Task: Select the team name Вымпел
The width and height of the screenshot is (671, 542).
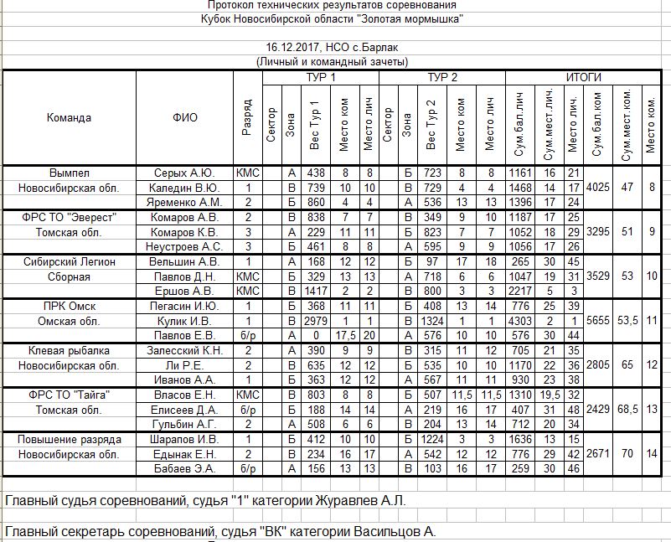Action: [69, 173]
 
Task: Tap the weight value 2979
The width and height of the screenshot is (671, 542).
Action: [315, 321]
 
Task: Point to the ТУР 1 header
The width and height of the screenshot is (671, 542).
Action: [320, 78]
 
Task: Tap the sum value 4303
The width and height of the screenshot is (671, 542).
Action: [520, 321]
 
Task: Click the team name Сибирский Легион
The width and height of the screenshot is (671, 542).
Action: [69, 261]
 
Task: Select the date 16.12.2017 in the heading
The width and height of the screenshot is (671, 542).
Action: [291, 47]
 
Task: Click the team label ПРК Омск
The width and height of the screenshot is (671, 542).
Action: [69, 306]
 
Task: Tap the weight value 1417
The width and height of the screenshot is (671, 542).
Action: [315, 291]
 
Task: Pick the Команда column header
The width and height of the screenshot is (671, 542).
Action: [69, 117]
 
